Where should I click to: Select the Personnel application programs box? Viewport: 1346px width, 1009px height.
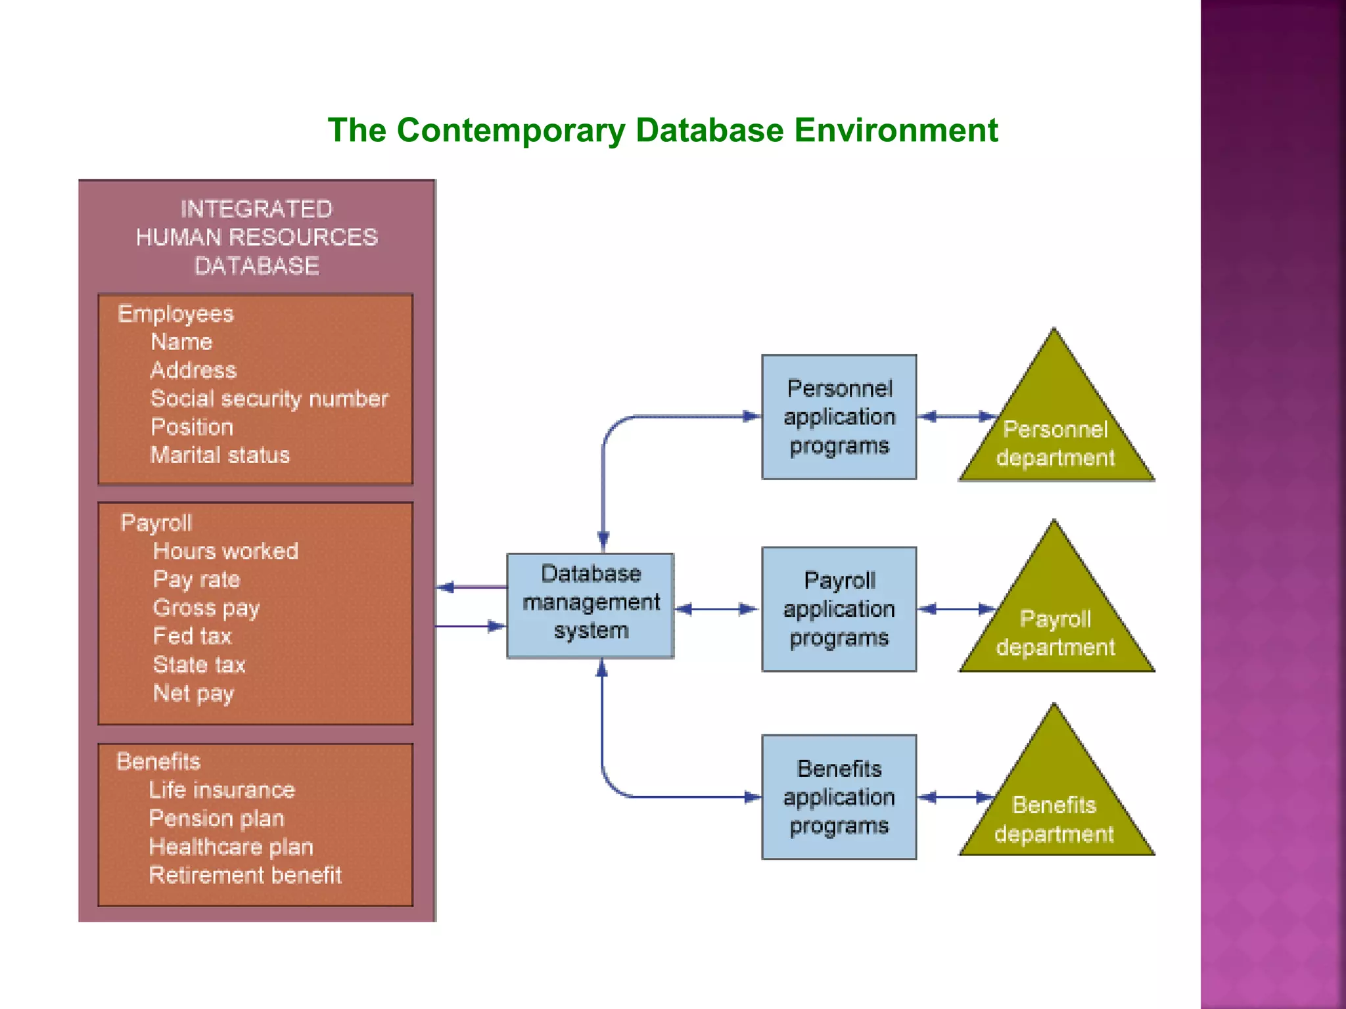tap(839, 417)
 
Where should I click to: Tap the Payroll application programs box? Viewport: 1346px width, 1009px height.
tap(839, 609)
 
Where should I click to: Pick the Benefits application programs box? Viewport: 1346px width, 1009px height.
tap(839, 797)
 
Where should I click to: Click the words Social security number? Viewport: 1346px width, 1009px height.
tap(269, 399)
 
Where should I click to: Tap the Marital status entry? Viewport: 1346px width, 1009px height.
tap(220, 455)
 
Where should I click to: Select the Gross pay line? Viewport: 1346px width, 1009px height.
tap(206, 608)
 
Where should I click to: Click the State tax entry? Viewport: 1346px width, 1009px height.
tap(198, 665)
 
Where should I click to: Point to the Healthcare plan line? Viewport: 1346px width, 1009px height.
tap(231, 847)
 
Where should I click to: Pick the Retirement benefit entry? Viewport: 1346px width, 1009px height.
tap(244, 875)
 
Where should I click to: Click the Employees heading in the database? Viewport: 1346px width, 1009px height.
tap(175, 314)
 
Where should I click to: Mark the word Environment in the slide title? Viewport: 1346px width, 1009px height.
tap(896, 130)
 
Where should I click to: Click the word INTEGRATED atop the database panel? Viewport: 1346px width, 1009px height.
tap(256, 209)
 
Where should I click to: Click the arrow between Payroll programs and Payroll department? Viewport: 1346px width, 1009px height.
tap(957, 610)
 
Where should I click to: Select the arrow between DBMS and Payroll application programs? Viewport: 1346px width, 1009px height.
tap(717, 610)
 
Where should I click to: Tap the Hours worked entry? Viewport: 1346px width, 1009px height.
tap(225, 551)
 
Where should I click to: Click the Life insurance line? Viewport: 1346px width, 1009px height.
tap(221, 790)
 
